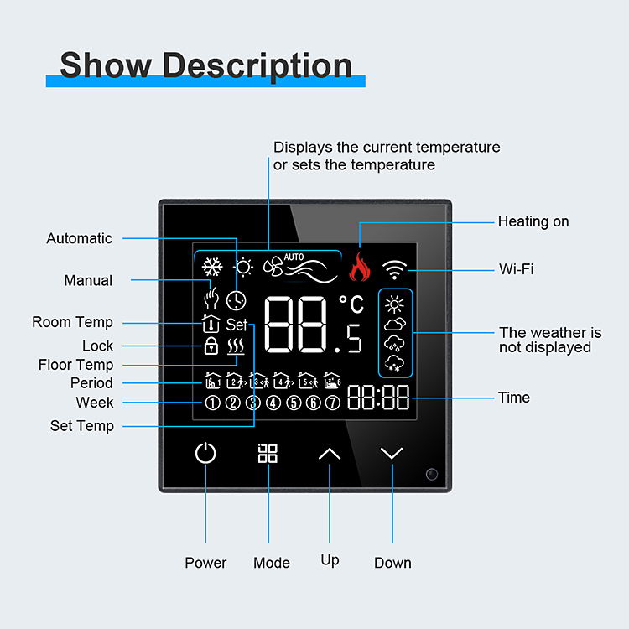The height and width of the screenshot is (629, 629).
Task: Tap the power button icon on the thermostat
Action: (x=205, y=454)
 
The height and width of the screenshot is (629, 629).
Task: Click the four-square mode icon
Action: (x=268, y=454)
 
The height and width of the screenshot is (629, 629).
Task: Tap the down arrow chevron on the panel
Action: (x=392, y=454)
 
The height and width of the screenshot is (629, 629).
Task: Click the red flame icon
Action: (x=359, y=268)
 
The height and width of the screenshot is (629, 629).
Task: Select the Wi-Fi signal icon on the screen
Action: (x=394, y=269)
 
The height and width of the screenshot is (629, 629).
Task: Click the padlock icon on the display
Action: (x=211, y=346)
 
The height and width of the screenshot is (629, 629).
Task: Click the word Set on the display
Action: (x=237, y=325)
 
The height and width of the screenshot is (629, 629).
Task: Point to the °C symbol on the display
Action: (x=351, y=305)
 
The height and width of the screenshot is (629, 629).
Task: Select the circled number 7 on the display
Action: (x=333, y=403)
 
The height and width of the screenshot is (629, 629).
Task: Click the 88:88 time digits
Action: (x=379, y=398)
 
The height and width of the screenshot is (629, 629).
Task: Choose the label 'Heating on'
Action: (x=533, y=221)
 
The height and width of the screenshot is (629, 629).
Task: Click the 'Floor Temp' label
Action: (x=75, y=365)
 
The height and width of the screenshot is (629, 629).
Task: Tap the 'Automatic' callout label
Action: (x=79, y=238)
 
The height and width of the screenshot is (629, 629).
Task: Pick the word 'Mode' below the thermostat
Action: (x=272, y=563)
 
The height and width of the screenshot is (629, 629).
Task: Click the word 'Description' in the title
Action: (x=257, y=65)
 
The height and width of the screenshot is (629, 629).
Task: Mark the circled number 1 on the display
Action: (x=212, y=403)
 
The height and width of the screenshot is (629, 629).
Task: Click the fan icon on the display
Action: (x=273, y=268)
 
